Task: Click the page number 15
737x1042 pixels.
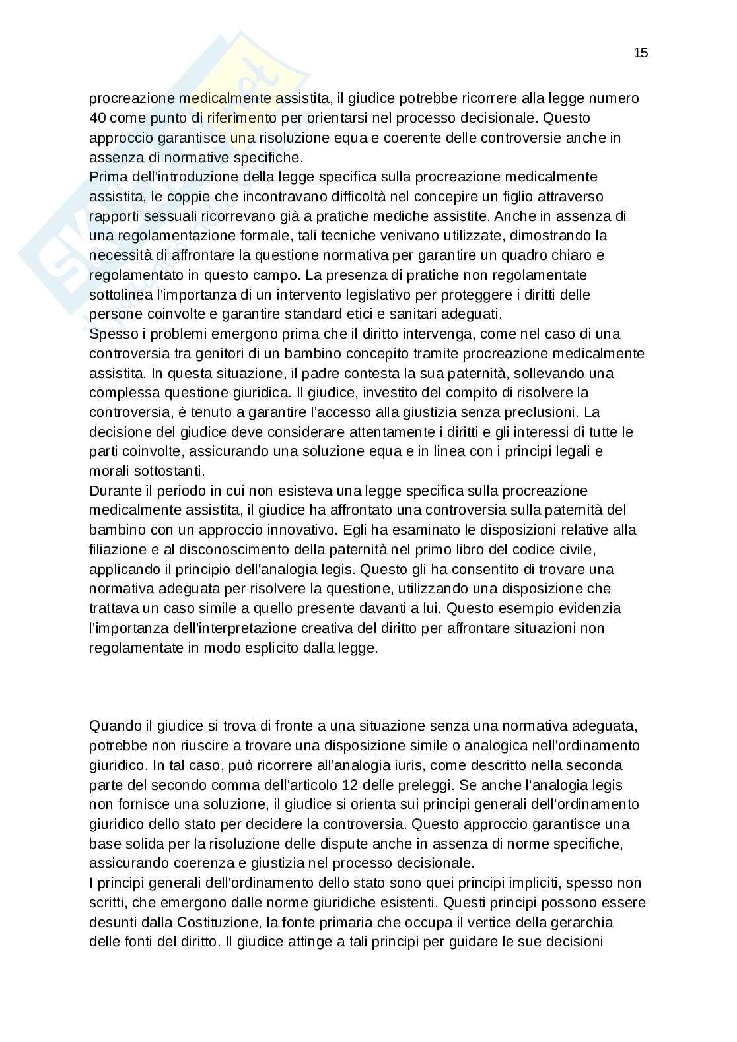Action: point(640,53)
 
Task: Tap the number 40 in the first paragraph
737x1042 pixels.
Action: point(97,118)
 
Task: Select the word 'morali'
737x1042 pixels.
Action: point(108,471)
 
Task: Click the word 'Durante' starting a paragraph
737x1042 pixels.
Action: point(113,491)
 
